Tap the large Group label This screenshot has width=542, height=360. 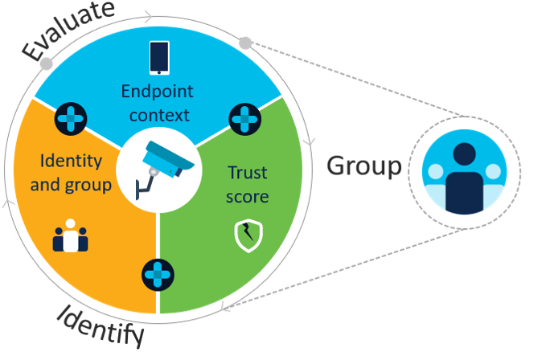(363, 166)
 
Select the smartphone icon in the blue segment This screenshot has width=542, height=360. (159, 58)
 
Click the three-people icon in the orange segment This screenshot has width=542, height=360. (71, 236)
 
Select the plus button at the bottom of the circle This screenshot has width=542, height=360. (158, 274)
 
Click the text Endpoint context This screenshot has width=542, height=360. (156, 103)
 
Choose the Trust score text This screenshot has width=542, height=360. (248, 184)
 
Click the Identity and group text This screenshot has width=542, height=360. (71, 172)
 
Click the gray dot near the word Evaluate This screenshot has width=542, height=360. (47, 63)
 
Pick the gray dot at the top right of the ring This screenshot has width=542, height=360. (246, 42)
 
